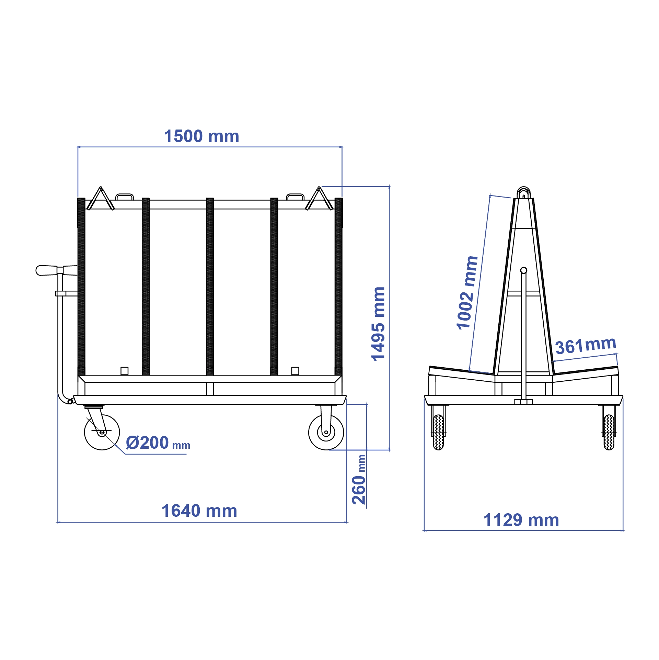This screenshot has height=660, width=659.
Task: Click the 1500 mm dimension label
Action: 201,136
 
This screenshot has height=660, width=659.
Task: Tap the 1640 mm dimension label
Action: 199,511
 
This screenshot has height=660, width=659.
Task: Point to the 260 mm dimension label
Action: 359,480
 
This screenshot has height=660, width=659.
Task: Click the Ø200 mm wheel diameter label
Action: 158,443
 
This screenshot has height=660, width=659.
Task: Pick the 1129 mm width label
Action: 521,520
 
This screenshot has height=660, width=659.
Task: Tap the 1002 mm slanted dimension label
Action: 467,293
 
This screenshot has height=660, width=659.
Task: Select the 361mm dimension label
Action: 586,345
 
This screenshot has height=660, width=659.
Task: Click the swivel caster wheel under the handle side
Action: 102,432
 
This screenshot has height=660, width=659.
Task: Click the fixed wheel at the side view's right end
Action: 326,432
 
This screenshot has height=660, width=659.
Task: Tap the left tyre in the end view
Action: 438,432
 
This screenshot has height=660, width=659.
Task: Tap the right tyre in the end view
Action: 609,432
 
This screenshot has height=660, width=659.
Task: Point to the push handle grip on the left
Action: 47,270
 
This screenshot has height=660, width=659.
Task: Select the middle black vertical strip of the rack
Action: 210,286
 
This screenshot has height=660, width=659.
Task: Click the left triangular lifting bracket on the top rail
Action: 100,199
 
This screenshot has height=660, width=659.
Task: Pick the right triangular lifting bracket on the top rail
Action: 319,199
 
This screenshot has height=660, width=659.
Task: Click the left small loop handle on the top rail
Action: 124,197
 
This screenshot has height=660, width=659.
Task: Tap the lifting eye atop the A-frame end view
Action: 523,192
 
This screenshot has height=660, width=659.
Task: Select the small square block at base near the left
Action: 124,371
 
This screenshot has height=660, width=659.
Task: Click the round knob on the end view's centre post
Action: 523,270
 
